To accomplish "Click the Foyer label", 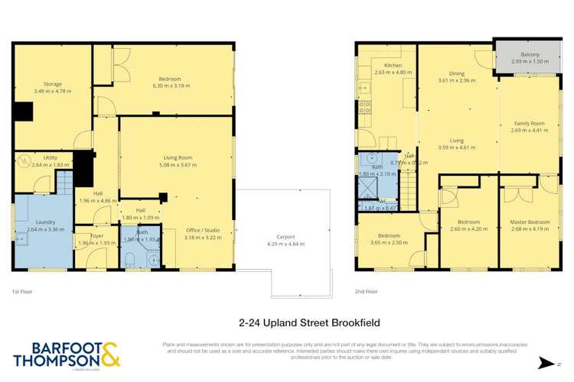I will pyautogui.click(x=96, y=236).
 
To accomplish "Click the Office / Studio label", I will pyautogui.click(x=203, y=230).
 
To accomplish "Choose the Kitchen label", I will pyautogui.click(x=393, y=66).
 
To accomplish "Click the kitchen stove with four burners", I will pyautogui.click(x=365, y=108).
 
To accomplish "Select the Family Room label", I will pyautogui.click(x=528, y=123).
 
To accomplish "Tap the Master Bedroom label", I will pyautogui.click(x=530, y=222).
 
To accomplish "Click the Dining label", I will pyautogui.click(x=456, y=73).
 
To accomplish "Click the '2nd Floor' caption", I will pyautogui.click(x=366, y=291).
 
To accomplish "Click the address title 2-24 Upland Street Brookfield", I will pyautogui.click(x=287, y=322).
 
